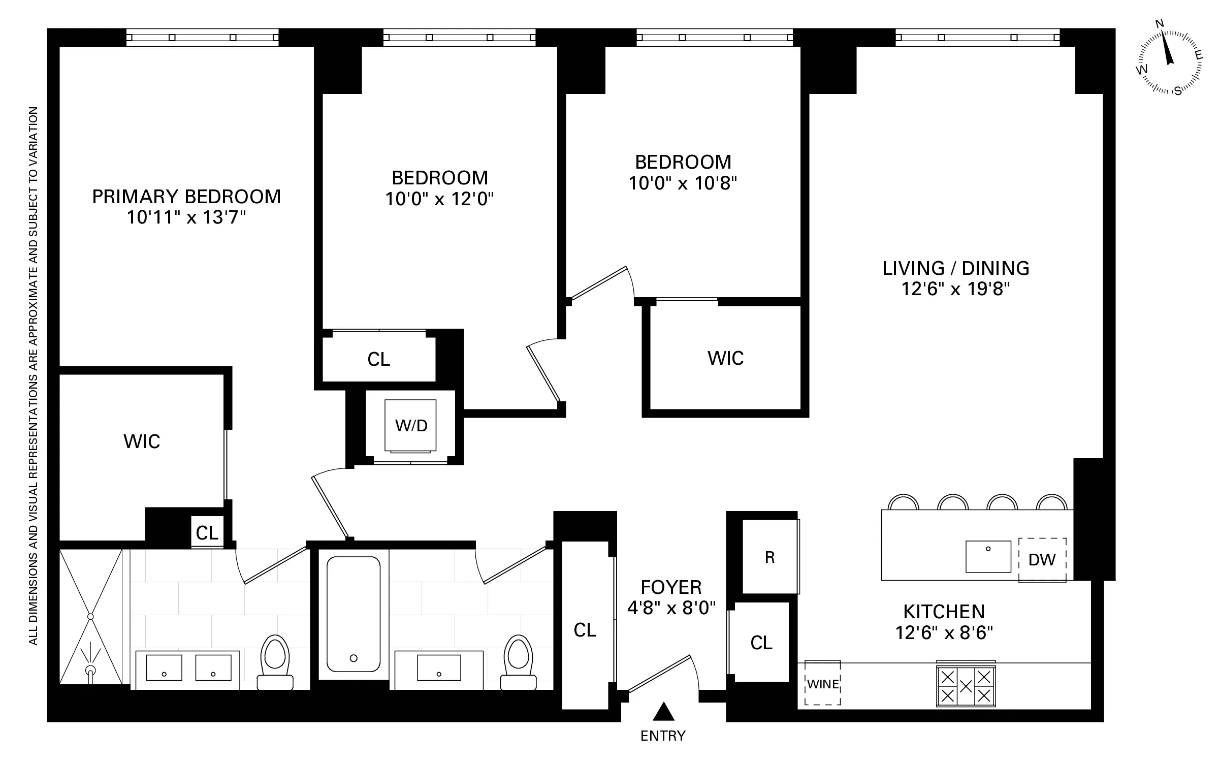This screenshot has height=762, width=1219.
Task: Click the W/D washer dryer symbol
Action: [410, 426]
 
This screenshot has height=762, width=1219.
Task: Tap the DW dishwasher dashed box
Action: [1042, 559]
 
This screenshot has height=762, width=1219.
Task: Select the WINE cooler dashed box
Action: [822, 683]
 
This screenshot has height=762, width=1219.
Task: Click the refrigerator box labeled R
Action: [769, 557]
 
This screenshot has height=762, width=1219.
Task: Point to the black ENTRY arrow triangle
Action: [663, 712]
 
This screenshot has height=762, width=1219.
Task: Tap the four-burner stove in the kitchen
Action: [966, 686]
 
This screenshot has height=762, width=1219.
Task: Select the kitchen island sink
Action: [988, 556]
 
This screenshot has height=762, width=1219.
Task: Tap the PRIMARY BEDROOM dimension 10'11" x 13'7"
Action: [186, 217]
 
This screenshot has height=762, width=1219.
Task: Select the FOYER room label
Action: [671, 587]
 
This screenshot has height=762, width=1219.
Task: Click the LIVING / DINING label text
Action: [955, 268]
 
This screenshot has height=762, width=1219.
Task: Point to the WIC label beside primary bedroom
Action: [142, 441]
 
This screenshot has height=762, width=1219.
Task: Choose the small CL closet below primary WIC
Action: [207, 533]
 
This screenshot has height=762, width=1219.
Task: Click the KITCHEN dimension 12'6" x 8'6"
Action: [944, 633]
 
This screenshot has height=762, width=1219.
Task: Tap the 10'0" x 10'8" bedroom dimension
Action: [683, 183]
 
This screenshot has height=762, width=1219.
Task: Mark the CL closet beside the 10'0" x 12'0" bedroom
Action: [378, 359]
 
